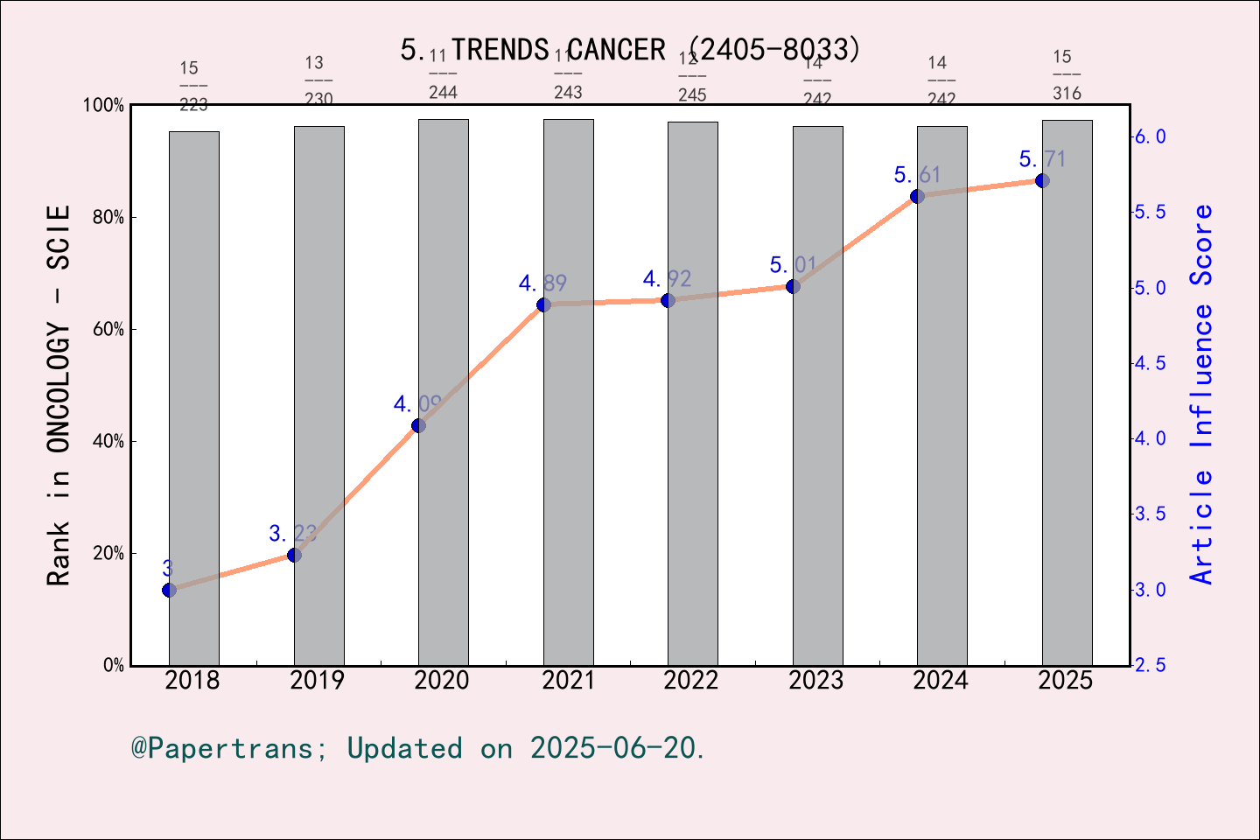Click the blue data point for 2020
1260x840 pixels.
click(418, 425)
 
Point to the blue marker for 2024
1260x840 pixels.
click(917, 196)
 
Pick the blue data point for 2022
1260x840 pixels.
click(668, 300)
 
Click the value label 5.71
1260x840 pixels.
click(1042, 159)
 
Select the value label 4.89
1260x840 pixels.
click(542, 283)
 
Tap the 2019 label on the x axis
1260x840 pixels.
click(318, 681)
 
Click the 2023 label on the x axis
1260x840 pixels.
click(816, 681)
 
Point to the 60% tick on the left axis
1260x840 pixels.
click(108, 330)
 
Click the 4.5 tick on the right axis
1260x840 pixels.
click(1150, 364)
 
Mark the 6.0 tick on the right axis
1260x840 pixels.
click(1150, 137)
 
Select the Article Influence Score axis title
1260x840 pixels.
click(1202, 394)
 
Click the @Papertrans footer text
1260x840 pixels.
click(418, 749)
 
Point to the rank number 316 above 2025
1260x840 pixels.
click(1067, 94)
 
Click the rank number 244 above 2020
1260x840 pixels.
click(443, 93)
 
